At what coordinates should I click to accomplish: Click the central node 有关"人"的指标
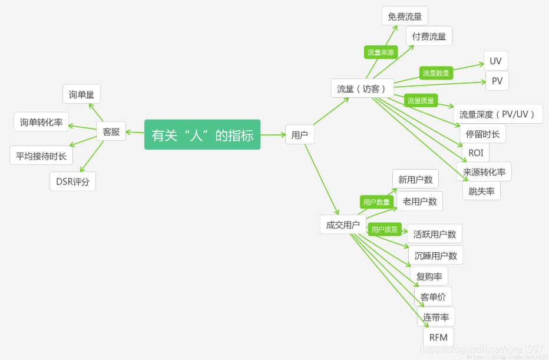[202, 135]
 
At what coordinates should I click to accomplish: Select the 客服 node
[111, 131]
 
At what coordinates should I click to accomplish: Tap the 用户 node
[299, 135]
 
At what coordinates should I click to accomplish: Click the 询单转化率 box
[41, 122]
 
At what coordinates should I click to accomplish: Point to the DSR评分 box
[72, 181]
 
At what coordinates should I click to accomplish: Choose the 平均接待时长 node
[41, 156]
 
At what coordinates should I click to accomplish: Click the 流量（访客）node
[362, 89]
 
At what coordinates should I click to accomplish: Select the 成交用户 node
[342, 224]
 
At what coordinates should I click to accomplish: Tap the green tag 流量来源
[381, 52]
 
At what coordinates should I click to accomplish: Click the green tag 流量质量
[421, 101]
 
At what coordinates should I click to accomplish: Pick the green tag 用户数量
[376, 202]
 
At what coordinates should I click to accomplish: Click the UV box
[495, 61]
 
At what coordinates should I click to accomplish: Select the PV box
[497, 81]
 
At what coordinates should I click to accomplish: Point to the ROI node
[475, 153]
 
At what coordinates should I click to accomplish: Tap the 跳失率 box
[481, 191]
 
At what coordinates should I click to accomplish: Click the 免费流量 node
[405, 16]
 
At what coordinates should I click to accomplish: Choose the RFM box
[438, 337]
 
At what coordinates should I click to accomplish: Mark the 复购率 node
[429, 276]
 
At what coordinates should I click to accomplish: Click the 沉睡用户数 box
[435, 256]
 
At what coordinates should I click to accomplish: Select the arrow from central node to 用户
[273, 135]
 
